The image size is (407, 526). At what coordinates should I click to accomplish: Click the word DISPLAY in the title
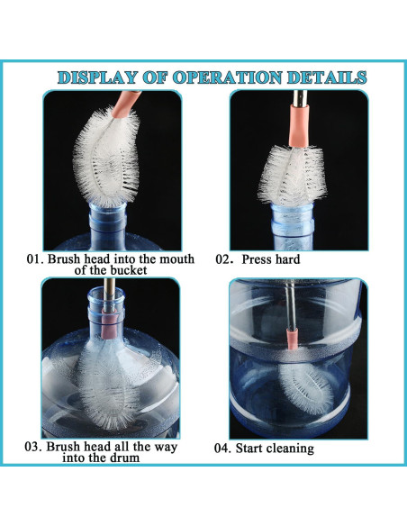coord(97,77)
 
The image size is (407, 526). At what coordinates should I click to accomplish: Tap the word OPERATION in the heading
coord(228,77)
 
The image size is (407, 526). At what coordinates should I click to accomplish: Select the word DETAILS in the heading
coord(327,77)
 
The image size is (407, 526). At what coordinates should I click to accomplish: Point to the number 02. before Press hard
coord(224,259)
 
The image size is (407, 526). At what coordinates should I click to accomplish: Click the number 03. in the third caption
coord(33,447)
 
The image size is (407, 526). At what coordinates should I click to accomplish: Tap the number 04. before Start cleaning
coord(222,449)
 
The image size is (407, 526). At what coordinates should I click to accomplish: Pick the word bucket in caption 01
coord(129,270)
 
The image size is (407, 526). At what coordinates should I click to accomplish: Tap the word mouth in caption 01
coord(176,259)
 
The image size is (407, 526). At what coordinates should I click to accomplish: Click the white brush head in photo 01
coord(106,156)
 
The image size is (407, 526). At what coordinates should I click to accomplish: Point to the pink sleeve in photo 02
coord(298,126)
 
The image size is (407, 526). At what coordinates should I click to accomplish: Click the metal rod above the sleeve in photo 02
coord(300,97)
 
